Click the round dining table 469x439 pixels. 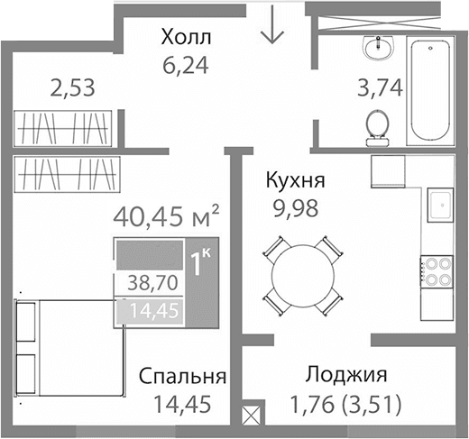click(302, 273)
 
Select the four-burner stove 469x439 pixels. click(438, 270)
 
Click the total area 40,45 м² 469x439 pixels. click(168, 217)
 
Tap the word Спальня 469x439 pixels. click(182, 376)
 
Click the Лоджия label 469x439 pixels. click(346, 375)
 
